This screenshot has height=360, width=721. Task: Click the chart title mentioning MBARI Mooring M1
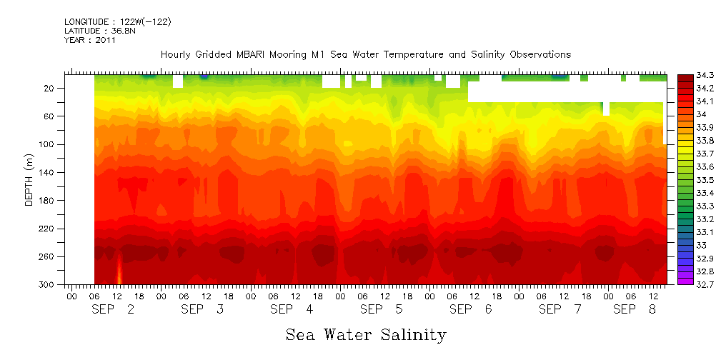365,54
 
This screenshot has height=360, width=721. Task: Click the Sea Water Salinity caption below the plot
366,334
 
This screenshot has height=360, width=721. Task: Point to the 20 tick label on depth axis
50,89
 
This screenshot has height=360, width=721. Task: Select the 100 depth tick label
48,144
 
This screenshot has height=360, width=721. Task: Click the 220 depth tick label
48,229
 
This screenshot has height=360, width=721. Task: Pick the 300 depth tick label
48,284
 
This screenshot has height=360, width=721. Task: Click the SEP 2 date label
114,309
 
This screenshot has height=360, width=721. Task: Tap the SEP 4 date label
292,309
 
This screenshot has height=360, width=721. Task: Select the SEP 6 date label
470,309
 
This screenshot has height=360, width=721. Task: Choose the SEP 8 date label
635,309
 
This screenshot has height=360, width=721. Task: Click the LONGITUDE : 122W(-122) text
118,22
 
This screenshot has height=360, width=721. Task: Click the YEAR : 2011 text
90,40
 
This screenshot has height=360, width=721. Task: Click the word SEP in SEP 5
372,309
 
